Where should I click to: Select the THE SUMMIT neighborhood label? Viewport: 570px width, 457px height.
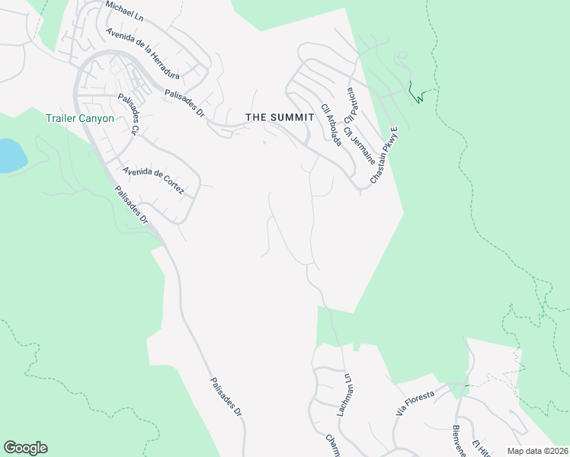coord(280,117)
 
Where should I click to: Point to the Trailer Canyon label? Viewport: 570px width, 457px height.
coord(79,118)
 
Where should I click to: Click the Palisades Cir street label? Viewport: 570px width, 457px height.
coord(127,114)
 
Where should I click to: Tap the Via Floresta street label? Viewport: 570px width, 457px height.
coord(415,401)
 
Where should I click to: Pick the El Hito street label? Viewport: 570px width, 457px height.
coord(481,449)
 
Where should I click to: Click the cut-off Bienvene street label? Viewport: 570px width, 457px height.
coord(459,441)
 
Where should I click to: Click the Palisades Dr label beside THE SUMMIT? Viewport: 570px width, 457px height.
coord(185,104)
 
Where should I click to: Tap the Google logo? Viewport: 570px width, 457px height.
coord(25,448)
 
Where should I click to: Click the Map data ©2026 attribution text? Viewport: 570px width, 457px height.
coord(537,451)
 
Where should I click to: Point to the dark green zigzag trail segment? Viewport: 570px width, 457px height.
coord(416,93)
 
